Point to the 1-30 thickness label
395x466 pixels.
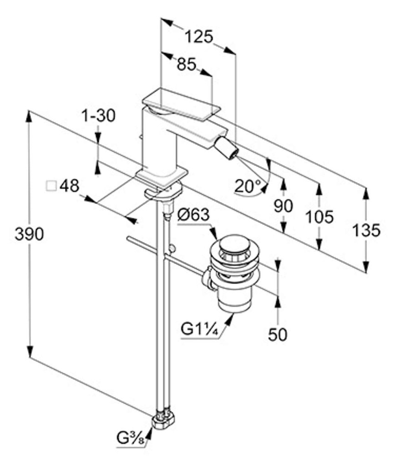point(98,116)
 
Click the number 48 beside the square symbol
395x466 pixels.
point(69,186)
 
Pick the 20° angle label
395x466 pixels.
point(248,186)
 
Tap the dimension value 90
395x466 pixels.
point(283,206)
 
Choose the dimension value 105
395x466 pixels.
point(320,217)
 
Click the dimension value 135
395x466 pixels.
point(366,231)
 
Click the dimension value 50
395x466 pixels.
point(277,335)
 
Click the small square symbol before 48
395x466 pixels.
point(51,186)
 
